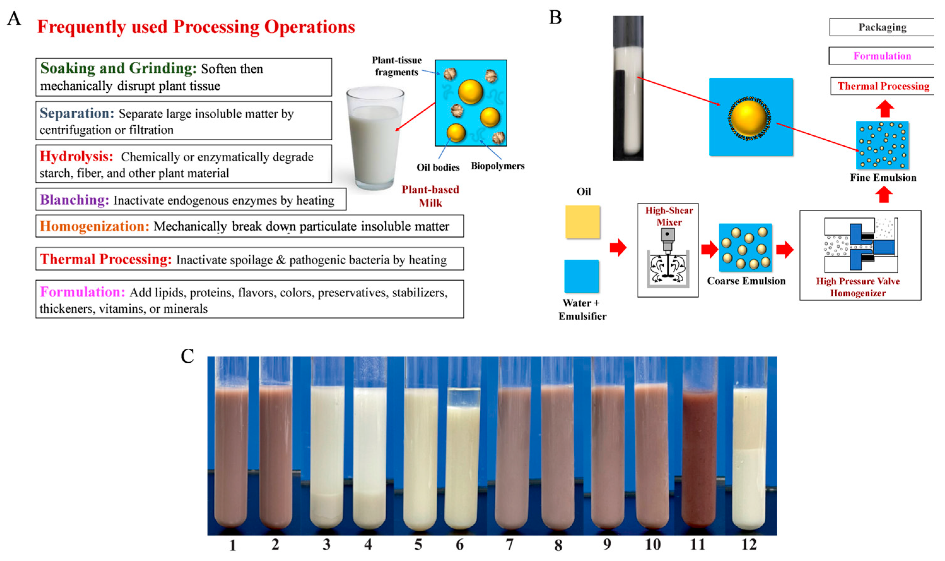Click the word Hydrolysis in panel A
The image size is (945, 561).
tap(76, 156)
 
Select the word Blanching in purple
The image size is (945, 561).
tap(74, 200)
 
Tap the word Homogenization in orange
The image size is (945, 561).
tap(95, 226)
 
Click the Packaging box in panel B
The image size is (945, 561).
tap(882, 27)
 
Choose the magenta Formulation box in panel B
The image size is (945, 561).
tap(882, 56)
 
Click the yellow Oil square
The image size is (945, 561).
tap(582, 222)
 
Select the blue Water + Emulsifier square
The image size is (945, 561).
tap(581, 276)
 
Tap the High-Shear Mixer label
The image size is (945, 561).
tap(669, 216)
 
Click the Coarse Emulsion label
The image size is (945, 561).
tap(746, 281)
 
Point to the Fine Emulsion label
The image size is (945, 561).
tap(883, 177)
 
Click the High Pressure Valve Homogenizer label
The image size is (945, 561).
tap(858, 287)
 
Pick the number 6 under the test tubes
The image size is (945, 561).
tap(459, 545)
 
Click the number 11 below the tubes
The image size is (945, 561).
tap(697, 545)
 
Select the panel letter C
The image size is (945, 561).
tap(188, 356)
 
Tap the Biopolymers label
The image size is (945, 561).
tap(498, 166)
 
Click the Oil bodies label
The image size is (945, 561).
tap(438, 167)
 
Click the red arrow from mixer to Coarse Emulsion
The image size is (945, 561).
tap(709, 249)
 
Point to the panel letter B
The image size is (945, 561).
tap(555, 17)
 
